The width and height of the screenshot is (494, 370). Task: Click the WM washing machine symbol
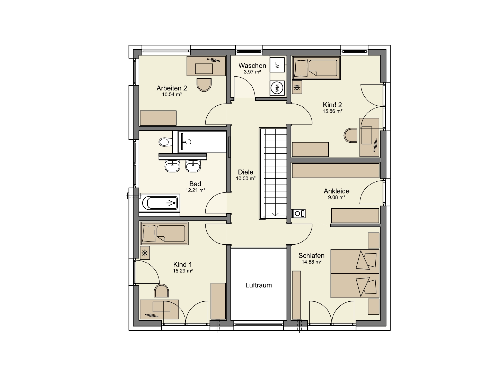pos(277,88)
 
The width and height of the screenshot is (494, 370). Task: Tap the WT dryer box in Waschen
pos(277,65)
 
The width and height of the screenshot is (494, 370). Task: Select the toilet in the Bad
pos(165,142)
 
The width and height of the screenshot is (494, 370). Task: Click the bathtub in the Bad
pos(160,203)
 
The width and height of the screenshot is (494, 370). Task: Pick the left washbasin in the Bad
pos(172,166)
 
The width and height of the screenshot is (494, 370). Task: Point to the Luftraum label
pos(259,285)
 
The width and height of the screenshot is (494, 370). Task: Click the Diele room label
pos(245,172)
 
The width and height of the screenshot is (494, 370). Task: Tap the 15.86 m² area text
pos(332,111)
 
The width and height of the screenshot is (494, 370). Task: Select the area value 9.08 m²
pos(336,197)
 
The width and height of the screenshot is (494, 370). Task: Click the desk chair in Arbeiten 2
pos(204,85)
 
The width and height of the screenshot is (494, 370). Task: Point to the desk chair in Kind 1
pos(161,291)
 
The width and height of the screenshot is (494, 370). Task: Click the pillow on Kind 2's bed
pos(301,68)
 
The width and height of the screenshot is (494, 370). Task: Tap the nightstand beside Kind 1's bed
pos(145,253)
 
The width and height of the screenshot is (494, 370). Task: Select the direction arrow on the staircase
pos(275,214)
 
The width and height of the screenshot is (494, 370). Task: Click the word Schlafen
pos(311,256)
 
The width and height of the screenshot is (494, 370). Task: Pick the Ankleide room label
pos(337,191)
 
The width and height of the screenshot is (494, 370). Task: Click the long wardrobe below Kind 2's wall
pos(336,170)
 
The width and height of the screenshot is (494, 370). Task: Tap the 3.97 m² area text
pos(252,72)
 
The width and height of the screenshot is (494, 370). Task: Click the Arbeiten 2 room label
pos(172,88)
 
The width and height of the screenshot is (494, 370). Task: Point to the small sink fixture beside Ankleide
pos(299,214)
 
